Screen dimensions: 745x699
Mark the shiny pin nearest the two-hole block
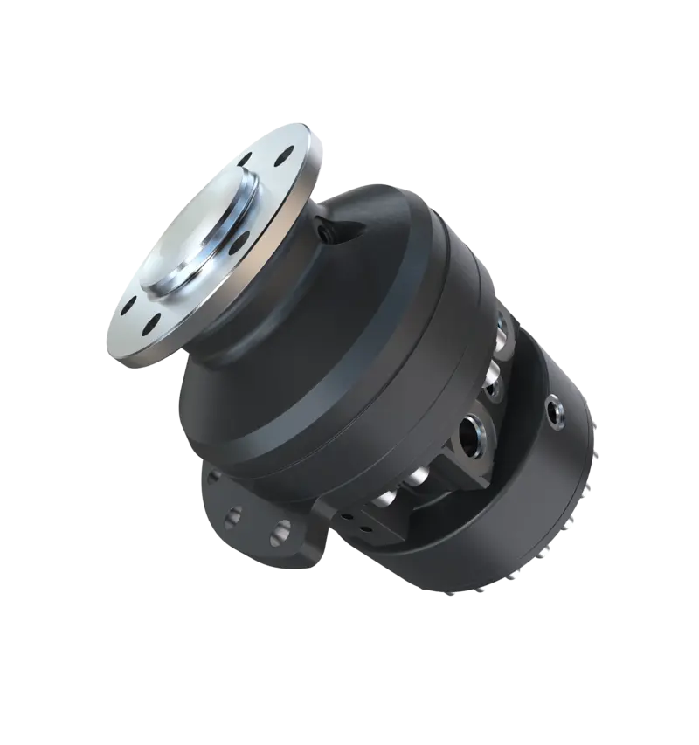click(389, 505)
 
